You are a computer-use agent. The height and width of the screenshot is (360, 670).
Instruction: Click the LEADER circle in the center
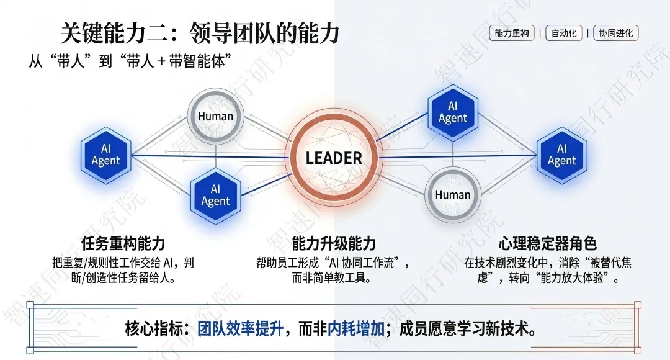334,158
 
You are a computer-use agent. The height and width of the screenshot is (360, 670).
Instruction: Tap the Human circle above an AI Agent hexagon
215,116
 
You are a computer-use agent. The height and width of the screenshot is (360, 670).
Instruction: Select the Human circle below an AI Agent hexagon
453,194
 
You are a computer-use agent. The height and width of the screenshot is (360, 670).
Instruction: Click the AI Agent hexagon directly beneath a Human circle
215,195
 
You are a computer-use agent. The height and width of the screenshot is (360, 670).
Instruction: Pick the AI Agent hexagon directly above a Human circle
453,112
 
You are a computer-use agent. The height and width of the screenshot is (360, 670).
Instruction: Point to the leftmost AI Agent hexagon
106,155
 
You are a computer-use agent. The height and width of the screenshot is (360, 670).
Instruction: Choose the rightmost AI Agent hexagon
561,155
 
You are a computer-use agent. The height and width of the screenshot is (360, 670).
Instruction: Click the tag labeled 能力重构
512,34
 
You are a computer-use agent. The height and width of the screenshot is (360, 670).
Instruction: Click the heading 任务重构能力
123,243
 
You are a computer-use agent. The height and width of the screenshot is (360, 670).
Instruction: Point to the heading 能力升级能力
334,243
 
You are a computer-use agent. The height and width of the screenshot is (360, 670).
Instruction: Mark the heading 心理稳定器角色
547,243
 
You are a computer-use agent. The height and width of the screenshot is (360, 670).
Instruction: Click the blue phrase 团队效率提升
240,329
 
